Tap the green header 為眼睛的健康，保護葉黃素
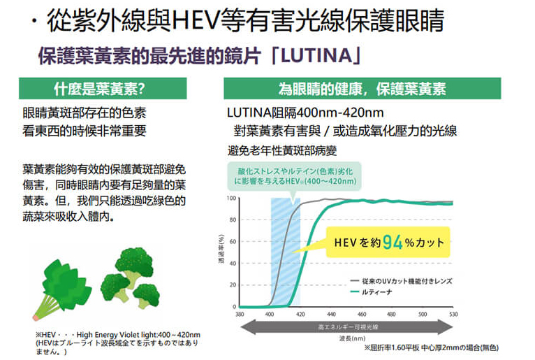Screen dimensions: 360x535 coord(362,89)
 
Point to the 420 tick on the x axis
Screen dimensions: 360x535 coord(300,315)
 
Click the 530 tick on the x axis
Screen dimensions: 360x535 coord(453,315)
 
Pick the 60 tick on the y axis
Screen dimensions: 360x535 coord(233,242)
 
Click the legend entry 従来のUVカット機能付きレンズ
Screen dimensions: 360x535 coord(412,280)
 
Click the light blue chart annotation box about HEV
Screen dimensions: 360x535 coord(294,175)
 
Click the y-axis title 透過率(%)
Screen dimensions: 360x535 coord(221,252)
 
